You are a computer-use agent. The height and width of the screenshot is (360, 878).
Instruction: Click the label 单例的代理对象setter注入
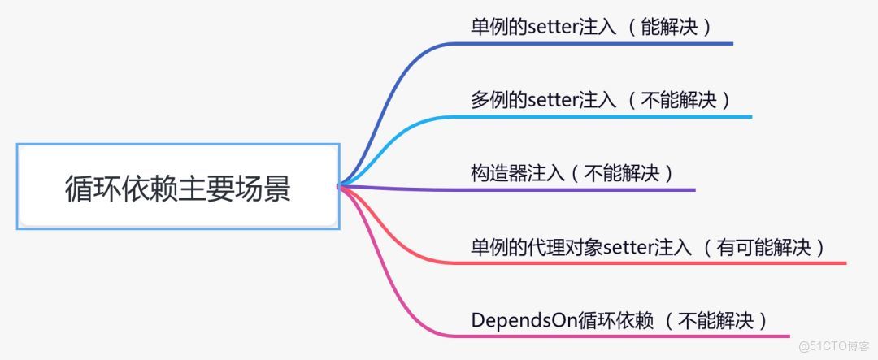tap(580, 247)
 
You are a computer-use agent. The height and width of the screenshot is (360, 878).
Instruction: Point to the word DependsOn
tap(524, 319)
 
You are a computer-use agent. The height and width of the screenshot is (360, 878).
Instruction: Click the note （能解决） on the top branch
tap(671, 27)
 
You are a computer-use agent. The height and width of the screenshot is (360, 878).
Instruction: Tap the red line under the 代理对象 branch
tap(650, 263)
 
